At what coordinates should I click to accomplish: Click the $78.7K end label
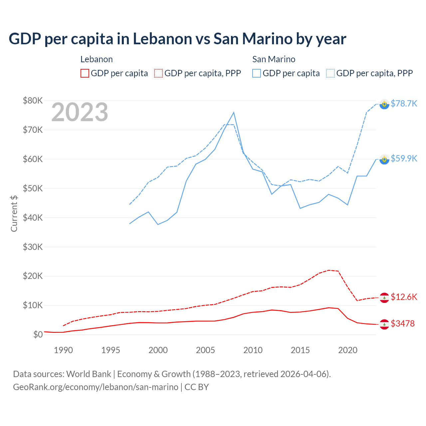[404, 104]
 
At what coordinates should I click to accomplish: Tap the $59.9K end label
[404, 158]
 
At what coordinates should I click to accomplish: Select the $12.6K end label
[404, 297]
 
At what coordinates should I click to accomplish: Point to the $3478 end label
[402, 323]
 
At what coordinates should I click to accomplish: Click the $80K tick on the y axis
[33, 101]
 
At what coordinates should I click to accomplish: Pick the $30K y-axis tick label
[33, 247]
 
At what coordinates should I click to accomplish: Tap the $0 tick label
[38, 334]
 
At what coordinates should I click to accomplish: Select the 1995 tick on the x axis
[111, 350]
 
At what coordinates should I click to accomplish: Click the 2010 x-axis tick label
[253, 350]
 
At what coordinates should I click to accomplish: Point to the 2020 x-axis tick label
[348, 350]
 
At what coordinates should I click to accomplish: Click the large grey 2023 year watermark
[80, 112]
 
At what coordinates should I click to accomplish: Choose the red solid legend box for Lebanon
[85, 73]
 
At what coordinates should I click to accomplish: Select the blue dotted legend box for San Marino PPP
[330, 73]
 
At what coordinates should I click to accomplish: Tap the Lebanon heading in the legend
[97, 59]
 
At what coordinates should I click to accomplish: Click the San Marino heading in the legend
[274, 59]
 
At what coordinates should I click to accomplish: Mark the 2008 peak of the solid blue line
[234, 112]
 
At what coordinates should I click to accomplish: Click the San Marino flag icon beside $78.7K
[384, 104]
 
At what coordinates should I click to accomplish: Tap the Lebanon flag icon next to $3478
[384, 324]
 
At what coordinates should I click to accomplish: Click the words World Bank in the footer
[89, 374]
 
